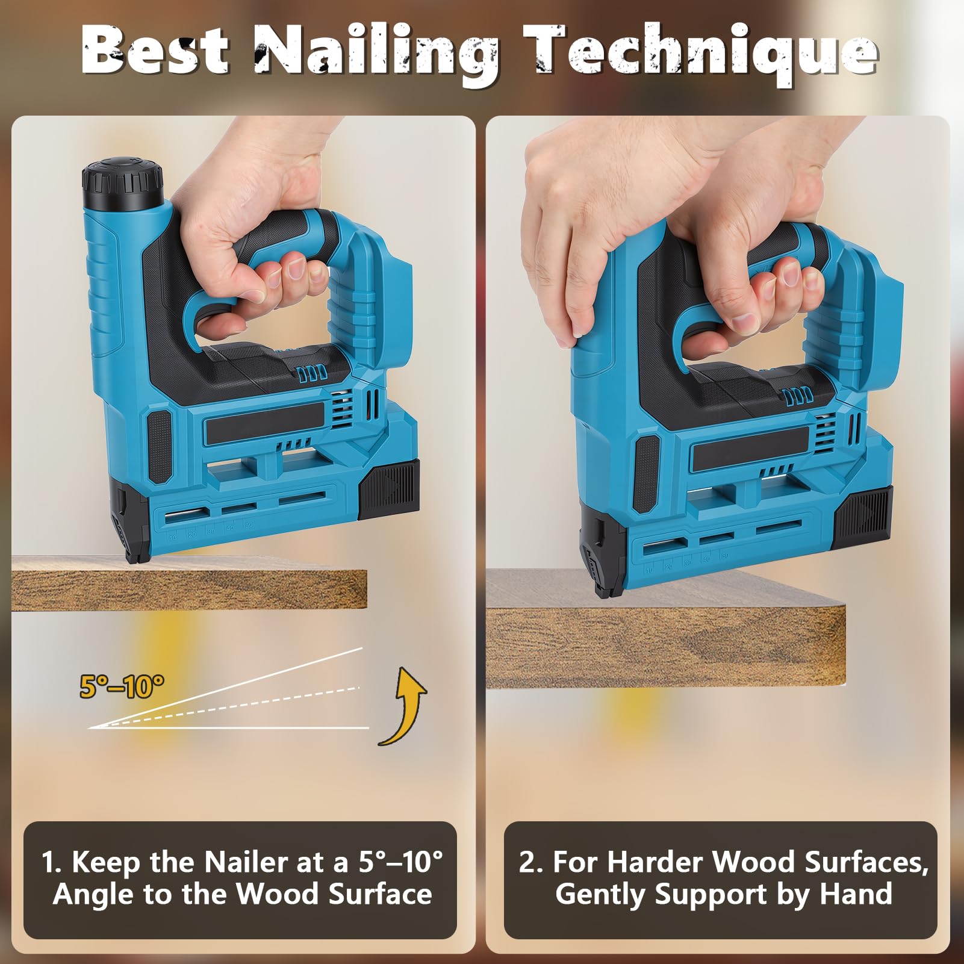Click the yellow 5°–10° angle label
pyautogui.click(x=122, y=686)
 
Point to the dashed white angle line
pyautogui.click(x=224, y=707)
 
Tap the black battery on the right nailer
pyautogui.click(x=862, y=517)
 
